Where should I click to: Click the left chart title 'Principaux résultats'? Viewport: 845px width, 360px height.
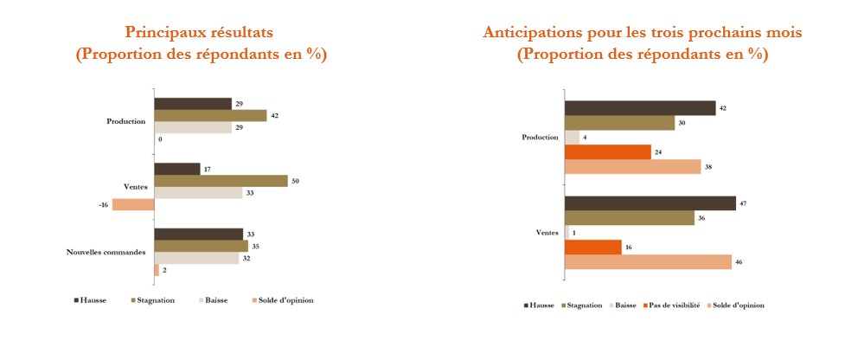click(200, 33)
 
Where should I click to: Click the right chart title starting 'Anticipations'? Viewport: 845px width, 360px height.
click(642, 33)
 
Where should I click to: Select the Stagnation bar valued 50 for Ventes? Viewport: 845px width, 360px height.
click(221, 181)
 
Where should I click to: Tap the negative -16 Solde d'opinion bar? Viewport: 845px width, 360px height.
click(132, 205)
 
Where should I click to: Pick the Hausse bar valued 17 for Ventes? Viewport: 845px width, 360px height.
click(177, 169)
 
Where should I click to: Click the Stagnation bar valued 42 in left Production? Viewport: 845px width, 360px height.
click(210, 115)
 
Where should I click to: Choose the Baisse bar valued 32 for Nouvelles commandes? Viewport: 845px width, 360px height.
click(196, 258)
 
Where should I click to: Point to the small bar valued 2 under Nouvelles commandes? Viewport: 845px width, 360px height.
click(157, 270)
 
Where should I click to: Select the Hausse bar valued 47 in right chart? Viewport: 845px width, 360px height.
click(649, 203)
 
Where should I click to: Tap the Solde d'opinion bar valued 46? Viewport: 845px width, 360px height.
click(648, 261)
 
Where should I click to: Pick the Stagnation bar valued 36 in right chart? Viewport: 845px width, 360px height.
click(629, 218)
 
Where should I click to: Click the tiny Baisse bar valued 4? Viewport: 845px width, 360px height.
click(572, 137)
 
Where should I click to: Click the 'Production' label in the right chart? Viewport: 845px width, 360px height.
click(540, 138)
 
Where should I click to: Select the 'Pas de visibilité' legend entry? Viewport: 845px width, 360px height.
click(674, 305)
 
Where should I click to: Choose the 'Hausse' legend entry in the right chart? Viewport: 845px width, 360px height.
click(541, 305)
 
